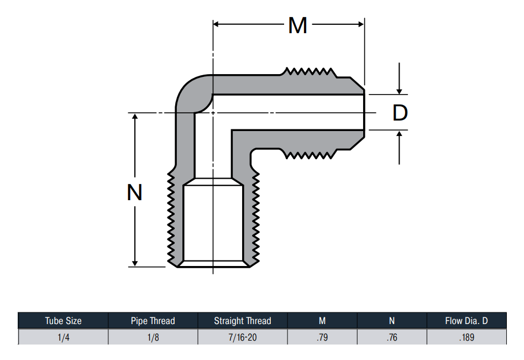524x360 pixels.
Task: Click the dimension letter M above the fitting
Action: [297, 25]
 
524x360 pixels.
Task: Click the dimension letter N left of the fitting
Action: [135, 192]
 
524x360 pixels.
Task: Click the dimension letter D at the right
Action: [400, 113]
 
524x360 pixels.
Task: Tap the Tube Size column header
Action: [63, 321]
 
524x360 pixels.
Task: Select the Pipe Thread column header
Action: [153, 321]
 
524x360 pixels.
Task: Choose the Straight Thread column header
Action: [243, 321]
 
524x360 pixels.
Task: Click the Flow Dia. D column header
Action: [467, 321]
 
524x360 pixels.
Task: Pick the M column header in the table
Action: [322, 321]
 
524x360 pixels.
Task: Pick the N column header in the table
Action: [392, 321]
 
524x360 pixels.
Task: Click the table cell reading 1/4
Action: [63, 337]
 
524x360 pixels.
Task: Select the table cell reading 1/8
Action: [153, 337]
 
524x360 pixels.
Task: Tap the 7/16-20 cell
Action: [243, 337]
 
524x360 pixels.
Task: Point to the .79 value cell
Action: [322, 337]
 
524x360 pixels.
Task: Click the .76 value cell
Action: [392, 337]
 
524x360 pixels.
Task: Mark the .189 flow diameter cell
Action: [467, 337]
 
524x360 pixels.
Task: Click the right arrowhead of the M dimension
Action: [361, 24]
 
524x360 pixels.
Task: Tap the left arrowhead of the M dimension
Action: [216, 24]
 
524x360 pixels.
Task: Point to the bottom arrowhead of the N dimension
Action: [135, 263]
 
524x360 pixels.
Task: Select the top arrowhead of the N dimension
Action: [135, 116]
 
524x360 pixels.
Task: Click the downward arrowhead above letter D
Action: [399, 91]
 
